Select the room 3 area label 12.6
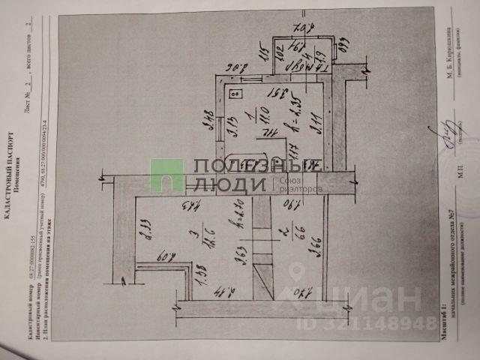(x=212, y=241)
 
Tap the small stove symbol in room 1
(x=233, y=94)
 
